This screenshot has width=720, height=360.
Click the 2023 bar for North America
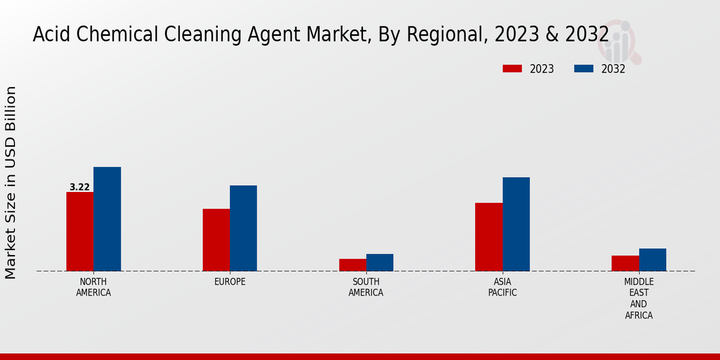(x=80, y=232)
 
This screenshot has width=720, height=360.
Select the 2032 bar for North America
(x=107, y=219)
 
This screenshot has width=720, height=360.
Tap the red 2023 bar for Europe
(x=216, y=240)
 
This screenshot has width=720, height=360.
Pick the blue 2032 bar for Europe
(x=244, y=228)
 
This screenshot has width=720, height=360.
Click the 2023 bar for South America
(x=352, y=265)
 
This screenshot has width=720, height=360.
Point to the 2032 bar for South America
(x=380, y=262)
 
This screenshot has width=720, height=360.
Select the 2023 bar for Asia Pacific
(x=489, y=237)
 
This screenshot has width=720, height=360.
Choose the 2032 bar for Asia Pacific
(x=516, y=224)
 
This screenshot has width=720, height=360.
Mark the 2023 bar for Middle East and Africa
(x=625, y=263)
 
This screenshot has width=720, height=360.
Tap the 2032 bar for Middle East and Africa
(x=653, y=260)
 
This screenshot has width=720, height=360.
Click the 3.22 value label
(x=80, y=187)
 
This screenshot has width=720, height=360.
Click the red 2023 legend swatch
(x=512, y=68)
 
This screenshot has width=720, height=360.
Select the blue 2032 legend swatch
(x=584, y=68)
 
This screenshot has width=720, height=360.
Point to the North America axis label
(x=94, y=287)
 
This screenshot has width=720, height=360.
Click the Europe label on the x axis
(x=230, y=282)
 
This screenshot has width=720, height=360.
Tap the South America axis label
(x=366, y=287)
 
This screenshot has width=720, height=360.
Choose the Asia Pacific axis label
(x=502, y=287)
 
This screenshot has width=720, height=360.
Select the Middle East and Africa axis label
(x=639, y=298)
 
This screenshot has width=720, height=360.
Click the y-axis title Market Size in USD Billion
(x=11, y=182)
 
